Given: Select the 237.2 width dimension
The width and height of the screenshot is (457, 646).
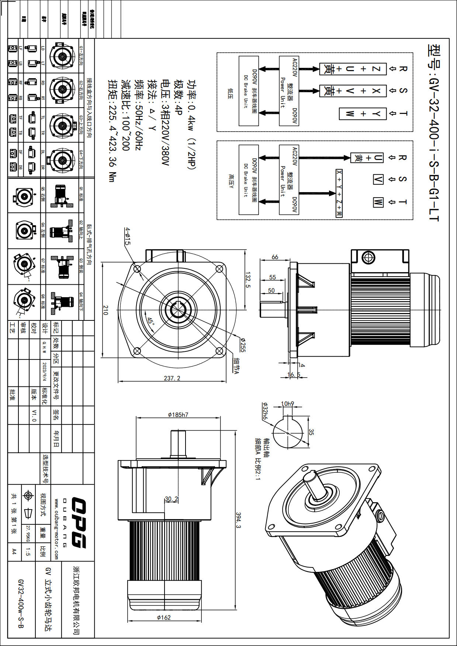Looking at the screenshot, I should point(172,378).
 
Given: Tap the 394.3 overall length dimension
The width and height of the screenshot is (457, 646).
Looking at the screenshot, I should point(238,520).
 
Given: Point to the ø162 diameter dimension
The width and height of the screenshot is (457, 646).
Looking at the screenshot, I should point(164,617).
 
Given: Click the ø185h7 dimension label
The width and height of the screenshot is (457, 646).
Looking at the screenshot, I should point(178,415).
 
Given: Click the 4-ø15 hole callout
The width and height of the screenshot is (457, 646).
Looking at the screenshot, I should point(127,236).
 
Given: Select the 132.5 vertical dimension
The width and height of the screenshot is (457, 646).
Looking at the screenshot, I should point(248,280).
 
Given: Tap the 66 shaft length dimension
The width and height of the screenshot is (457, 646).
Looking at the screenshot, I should point(275,257).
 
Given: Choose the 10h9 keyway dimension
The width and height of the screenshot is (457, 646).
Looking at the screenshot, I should point(288,404).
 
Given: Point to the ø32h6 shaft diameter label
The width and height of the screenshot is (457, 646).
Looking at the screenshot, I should point(265,411).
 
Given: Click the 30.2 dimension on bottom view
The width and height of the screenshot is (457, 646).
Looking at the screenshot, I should point(171,499).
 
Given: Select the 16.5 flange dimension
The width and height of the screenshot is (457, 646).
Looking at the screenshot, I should point(294,375).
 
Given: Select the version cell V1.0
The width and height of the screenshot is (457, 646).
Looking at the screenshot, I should point(34,415).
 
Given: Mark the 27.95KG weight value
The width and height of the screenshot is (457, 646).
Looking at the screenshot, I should point(28,534).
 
